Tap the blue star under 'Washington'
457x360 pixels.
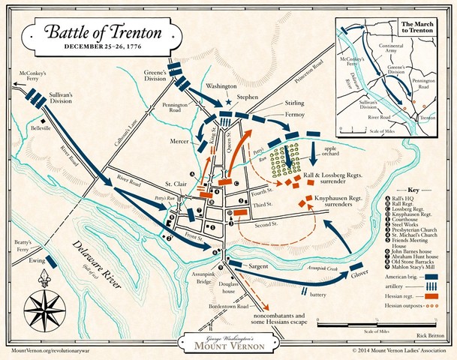pos(229,101)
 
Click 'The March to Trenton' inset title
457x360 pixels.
pos(417,29)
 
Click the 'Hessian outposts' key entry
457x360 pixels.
pos(411,306)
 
